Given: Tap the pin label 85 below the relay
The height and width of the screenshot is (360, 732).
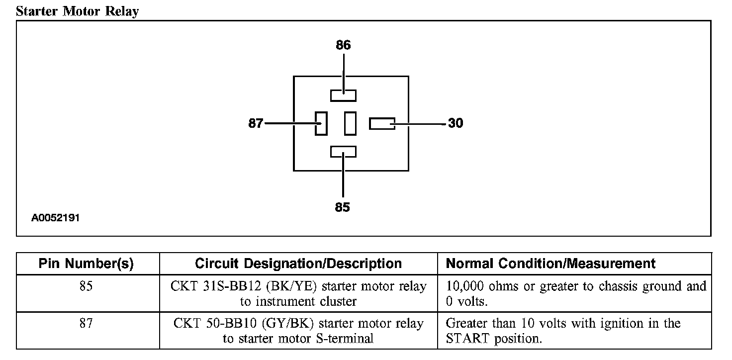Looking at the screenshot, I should coord(342,207).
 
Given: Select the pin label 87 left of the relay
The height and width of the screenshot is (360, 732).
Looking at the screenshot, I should coord(256,123).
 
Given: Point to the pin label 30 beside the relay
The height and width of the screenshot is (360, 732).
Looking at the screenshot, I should coord(456,123).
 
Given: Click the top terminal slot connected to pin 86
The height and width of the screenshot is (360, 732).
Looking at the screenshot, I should coord(343,95).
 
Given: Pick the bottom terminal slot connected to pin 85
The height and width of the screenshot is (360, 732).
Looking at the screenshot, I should coord(343,152).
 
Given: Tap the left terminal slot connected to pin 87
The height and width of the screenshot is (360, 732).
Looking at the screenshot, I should coord(321,123).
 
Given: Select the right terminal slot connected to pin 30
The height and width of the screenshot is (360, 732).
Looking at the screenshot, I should coord(382,123).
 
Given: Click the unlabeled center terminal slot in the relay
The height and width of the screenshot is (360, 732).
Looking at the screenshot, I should coord(350,123).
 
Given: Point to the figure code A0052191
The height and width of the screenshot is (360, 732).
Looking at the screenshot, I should coord(56,218).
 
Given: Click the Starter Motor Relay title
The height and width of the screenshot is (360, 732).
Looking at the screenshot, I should coord(77,11).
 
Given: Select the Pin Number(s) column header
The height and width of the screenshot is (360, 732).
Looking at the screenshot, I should coord(86,264).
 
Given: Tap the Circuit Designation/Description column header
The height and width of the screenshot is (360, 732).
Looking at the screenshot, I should coord(298,264).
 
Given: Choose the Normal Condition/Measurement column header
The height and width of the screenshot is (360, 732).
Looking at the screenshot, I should coord(551,264).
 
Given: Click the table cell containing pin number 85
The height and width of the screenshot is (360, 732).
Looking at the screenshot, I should coord(86,286).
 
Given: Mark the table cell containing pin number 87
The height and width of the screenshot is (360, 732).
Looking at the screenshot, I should coord(86,324).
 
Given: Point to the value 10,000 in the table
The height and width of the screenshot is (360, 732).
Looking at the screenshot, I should coord(466,287).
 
